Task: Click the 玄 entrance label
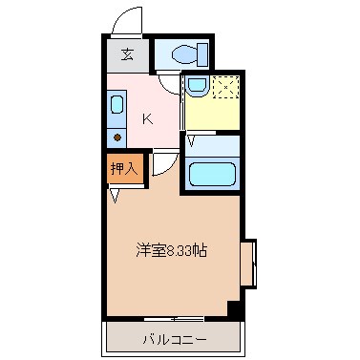coord(127,54)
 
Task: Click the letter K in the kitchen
coord(147,119)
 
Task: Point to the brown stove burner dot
coord(116,138)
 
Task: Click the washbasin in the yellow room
coord(196,87)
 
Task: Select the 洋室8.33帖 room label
coord(171,250)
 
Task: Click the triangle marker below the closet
coord(115,196)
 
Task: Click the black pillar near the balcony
coord(232,307)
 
